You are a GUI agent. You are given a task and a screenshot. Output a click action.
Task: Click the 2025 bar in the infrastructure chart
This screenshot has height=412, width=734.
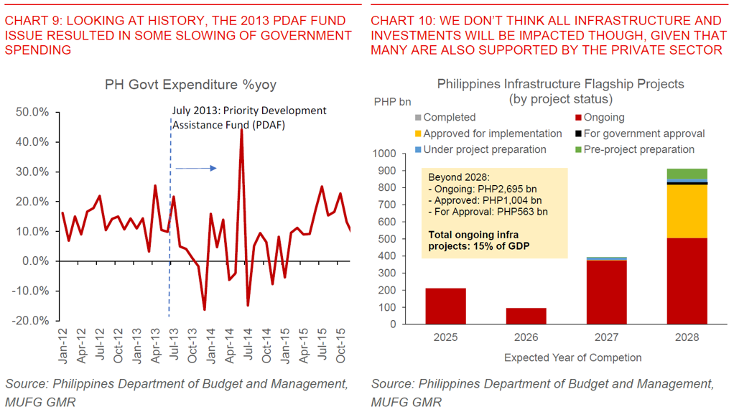(x=445, y=306)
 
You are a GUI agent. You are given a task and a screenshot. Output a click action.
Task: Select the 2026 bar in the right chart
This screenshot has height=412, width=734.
(x=526, y=316)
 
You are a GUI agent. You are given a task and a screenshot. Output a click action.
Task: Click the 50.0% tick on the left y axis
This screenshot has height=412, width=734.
(x=33, y=112)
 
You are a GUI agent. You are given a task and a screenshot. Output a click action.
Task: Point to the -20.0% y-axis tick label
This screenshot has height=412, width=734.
(x=32, y=320)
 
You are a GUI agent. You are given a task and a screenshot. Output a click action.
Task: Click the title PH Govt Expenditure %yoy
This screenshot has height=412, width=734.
(x=190, y=85)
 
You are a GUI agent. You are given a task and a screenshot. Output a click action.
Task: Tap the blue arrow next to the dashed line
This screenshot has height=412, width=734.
(x=195, y=168)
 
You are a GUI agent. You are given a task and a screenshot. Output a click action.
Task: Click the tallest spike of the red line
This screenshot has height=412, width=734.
(x=241, y=130)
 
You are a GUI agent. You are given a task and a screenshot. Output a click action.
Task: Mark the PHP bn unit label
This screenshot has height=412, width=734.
(x=392, y=101)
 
